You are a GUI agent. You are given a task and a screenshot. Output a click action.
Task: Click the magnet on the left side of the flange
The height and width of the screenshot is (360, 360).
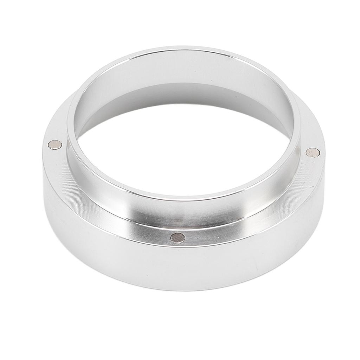point(55,144)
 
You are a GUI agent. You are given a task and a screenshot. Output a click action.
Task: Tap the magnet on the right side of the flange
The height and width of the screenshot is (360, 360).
point(313,152)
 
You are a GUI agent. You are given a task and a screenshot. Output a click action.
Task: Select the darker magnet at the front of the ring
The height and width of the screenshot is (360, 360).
point(178,238)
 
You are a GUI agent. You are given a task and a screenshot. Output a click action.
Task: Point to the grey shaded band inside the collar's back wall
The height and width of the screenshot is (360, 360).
point(183,93)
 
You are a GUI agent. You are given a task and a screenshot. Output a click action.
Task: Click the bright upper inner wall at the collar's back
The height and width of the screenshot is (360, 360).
point(183,67)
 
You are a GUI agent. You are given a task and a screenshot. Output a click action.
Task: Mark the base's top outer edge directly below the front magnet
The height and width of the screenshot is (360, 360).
point(178,247)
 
